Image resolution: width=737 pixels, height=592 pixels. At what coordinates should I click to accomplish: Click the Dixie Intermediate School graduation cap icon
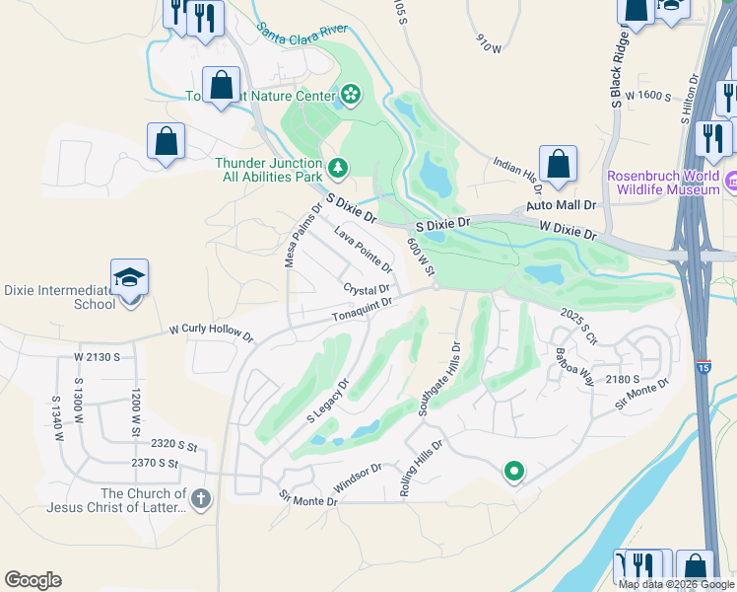128,278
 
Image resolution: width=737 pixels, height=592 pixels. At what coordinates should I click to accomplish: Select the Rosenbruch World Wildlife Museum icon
731,182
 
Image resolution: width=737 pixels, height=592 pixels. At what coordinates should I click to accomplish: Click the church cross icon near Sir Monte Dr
201,499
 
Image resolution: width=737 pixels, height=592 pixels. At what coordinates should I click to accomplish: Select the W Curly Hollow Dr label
211,331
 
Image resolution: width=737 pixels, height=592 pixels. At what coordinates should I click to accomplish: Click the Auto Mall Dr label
562,205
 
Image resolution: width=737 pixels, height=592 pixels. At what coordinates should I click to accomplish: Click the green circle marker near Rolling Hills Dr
512,473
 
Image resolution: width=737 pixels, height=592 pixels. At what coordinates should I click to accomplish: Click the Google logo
33,579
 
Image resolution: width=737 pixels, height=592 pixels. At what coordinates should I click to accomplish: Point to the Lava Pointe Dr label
363,250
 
